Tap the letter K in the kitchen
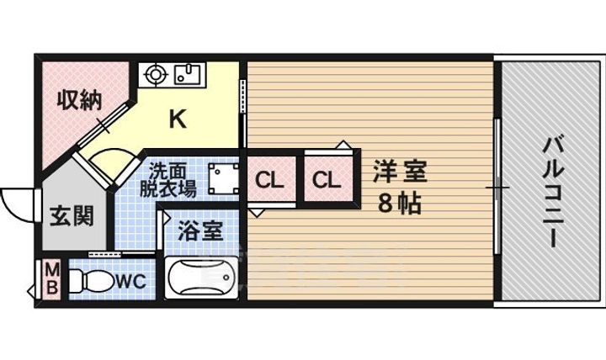coord(178,119)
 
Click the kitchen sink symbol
coord(187,74)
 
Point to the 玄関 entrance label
coord(72,215)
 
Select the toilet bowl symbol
coord(89,282)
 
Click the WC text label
coord(131,282)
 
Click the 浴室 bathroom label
coord(200,231)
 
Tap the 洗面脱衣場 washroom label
coord(167,180)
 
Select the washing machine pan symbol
coord(224,178)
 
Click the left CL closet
coord(270,179)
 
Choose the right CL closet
coord(327,179)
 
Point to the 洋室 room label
coord(400,172)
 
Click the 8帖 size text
coord(400,204)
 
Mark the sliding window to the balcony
coord(497,187)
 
